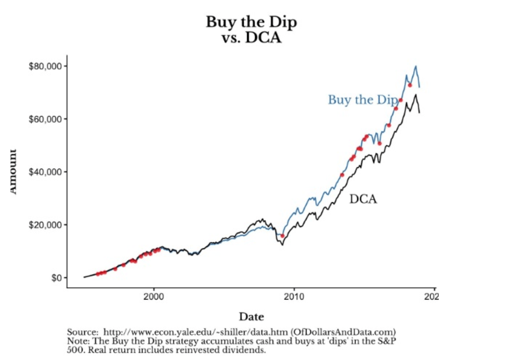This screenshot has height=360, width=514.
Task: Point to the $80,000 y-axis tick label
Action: click(46, 66)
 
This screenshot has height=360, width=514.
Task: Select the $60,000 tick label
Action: click(46, 119)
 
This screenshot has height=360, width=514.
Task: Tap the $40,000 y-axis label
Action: click(46, 172)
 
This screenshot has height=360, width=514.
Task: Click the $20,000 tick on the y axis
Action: click(46, 225)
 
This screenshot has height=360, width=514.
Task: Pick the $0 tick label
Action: click(56, 278)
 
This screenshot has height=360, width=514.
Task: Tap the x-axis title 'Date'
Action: click(251, 317)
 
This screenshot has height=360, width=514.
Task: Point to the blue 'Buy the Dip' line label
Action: click(362, 100)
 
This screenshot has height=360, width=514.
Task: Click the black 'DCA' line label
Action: click(363, 199)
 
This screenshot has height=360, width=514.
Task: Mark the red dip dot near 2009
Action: click(283, 236)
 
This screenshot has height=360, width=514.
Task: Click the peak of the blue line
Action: click(416, 67)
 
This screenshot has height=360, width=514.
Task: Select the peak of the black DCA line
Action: click(416, 95)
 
